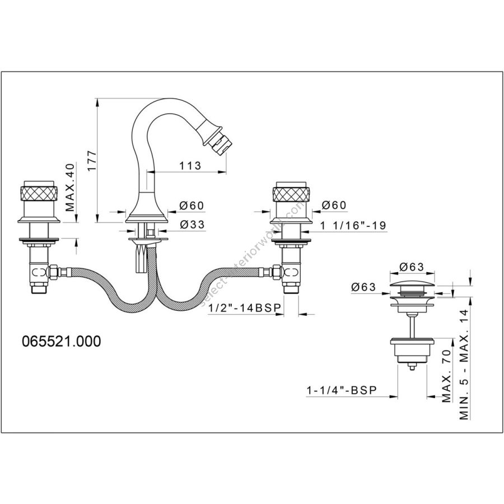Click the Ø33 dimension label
coord(192,225)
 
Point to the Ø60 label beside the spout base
coord(192,206)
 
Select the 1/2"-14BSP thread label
coord(244,308)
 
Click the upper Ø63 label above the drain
coord(413,266)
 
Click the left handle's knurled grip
coord(39,194)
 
